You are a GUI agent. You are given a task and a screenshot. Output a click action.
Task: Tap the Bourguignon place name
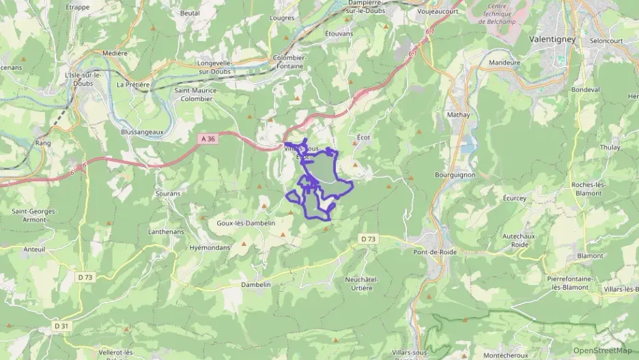[x=455, y=174]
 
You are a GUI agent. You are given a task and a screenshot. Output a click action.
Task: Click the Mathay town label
[x=459, y=115]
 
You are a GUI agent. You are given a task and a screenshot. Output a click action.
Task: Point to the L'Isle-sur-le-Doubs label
[x=82, y=79]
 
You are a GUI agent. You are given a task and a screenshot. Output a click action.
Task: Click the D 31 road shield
[x=61, y=326]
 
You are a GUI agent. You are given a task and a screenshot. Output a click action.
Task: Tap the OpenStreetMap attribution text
[x=602, y=350]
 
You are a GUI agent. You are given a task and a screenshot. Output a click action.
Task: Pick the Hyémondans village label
[x=210, y=247]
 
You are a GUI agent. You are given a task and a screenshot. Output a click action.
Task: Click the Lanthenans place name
[x=166, y=232]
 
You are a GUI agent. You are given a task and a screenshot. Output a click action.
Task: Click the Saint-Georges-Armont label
[x=34, y=215]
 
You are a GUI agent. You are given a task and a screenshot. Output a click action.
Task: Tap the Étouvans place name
[x=339, y=33]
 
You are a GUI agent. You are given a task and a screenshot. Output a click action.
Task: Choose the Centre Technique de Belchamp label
[x=500, y=13]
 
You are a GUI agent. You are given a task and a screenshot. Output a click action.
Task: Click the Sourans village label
[x=167, y=193]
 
